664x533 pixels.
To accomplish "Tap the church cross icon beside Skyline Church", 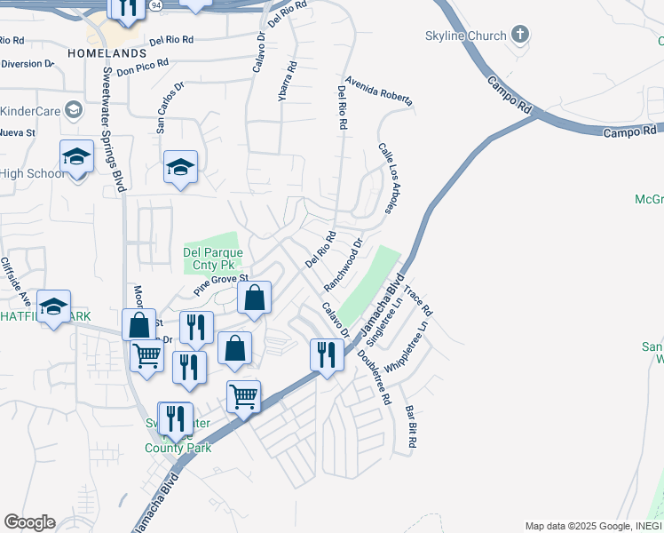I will coord(520,36).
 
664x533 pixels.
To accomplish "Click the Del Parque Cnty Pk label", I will coord(213,259).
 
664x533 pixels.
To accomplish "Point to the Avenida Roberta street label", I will coord(380,92).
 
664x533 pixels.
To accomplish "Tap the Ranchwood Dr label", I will coord(345,265).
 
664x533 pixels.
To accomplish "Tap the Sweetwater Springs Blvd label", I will coord(114,130).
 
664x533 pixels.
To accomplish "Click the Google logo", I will coord(29,522).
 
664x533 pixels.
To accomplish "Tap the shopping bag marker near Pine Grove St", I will coord(255,299).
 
